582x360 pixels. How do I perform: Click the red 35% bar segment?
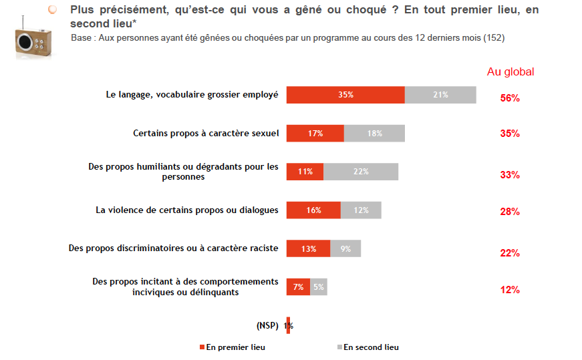(345, 95)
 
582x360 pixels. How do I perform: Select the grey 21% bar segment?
(440, 95)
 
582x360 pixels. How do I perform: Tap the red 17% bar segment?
(315, 134)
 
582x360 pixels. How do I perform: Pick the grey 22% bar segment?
(361, 172)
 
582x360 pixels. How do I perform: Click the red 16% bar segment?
(313, 210)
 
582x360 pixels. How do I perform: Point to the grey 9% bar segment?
(345, 248)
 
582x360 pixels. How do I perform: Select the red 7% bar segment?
(298, 287)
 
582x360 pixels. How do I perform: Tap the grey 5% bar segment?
(319, 287)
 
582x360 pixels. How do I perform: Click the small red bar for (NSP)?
(288, 325)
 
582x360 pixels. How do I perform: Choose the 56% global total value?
(510, 98)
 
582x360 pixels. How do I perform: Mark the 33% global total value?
(510, 175)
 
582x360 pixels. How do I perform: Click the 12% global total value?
(510, 290)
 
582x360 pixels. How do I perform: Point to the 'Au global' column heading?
(511, 72)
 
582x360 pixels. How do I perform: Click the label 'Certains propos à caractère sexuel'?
(205, 133)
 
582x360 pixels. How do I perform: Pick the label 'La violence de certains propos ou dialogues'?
(186, 210)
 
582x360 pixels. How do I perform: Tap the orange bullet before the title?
(53, 9)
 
